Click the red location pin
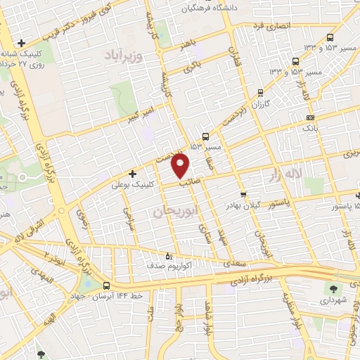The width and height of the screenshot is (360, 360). pos(181,165)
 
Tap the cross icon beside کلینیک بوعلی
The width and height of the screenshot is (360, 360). pos(132,173)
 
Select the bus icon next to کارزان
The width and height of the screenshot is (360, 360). pos(259,92)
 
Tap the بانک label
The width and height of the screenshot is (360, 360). pos(310,129)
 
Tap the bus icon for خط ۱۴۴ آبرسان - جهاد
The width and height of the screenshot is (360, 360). pos(106,286)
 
